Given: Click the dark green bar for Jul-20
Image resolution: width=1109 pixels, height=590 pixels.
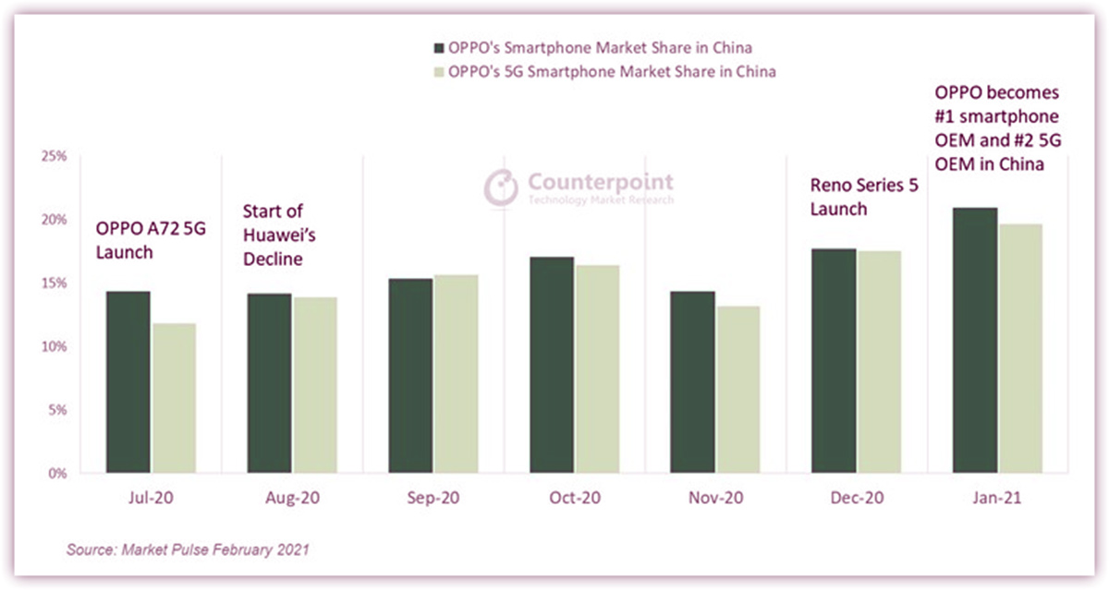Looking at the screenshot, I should [x=128, y=382].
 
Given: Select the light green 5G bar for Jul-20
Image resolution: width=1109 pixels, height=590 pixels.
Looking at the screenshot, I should [x=174, y=398].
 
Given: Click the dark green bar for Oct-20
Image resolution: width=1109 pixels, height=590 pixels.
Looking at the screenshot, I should [x=550, y=365].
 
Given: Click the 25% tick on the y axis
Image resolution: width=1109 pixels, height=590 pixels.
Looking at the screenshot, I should [x=55, y=156].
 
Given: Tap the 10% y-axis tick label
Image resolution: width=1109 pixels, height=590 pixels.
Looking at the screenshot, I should [x=55, y=346].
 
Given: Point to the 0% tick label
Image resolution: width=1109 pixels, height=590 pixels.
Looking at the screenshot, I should [x=57, y=473].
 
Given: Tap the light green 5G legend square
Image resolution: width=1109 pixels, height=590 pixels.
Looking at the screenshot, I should [x=438, y=73].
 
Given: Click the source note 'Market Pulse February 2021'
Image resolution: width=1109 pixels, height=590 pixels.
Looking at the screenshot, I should [x=187, y=550].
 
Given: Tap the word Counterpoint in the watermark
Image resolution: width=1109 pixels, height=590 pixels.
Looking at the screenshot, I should [x=600, y=181].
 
